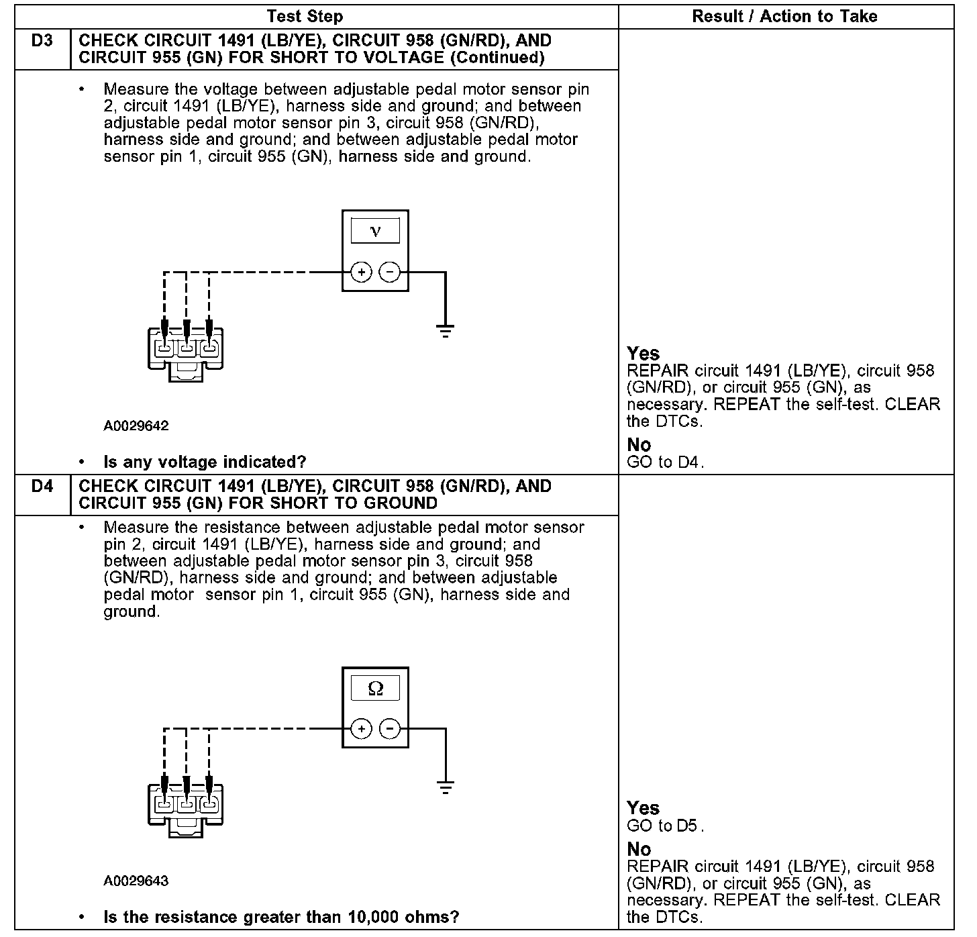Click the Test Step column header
(305, 17)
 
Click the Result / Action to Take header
(784, 17)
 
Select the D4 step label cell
(42, 487)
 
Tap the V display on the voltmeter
(375, 232)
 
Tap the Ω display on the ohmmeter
(375, 689)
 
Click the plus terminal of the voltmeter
(361, 273)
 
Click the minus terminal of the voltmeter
(389, 273)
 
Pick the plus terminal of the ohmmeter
(361, 729)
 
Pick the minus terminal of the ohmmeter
(389, 729)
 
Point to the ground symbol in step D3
(445, 330)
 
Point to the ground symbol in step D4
(445, 787)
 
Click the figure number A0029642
(136, 426)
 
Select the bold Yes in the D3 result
(643, 354)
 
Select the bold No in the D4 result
(639, 850)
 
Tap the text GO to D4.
(665, 462)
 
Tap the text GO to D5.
(665, 826)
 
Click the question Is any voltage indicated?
(205, 462)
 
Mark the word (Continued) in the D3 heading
(497, 58)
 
